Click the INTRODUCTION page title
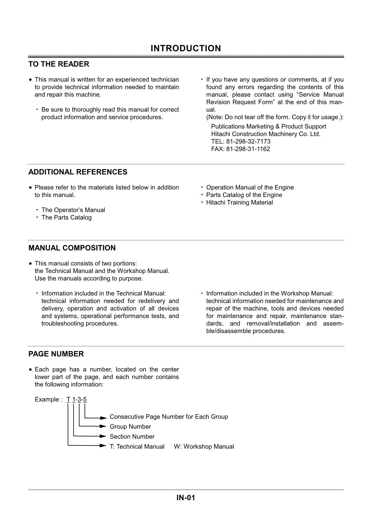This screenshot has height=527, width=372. [x=186, y=48]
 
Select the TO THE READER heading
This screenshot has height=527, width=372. [x=59, y=64]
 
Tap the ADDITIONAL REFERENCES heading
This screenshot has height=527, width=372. [x=78, y=172]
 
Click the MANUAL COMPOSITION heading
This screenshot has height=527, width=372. [x=72, y=248]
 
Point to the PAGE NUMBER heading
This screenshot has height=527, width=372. [x=56, y=354]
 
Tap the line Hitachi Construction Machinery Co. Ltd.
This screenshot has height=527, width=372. [x=265, y=134]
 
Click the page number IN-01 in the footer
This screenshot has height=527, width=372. [x=186, y=498]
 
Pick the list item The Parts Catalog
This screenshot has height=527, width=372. [x=66, y=217]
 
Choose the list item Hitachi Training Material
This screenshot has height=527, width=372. [x=239, y=202]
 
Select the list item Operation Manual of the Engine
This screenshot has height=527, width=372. [x=250, y=187]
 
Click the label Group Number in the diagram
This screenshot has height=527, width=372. [x=130, y=427]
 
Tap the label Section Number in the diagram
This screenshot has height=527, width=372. [x=132, y=437]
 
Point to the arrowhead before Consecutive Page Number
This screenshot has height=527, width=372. [x=103, y=418]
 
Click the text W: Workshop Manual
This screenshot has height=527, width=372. [x=204, y=447]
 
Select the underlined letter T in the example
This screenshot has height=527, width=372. [x=68, y=400]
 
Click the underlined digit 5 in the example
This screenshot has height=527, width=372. [x=85, y=400]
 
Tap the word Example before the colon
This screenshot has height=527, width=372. [x=47, y=400]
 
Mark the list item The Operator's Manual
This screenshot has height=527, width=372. [x=73, y=210]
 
